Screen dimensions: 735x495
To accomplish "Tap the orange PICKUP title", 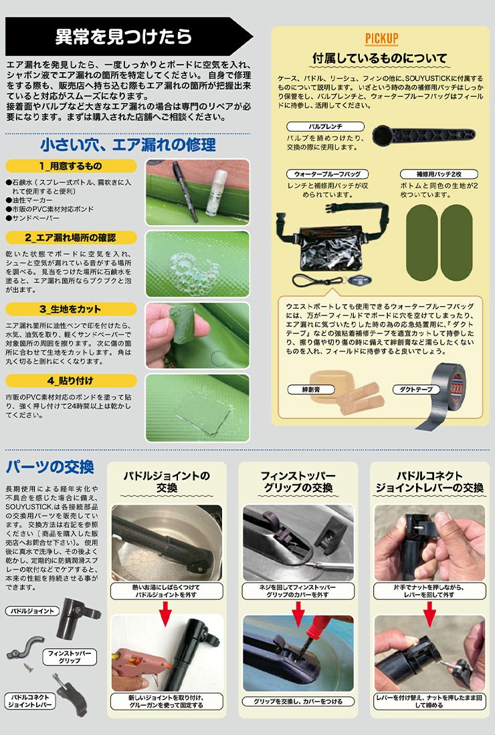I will tap(382, 38).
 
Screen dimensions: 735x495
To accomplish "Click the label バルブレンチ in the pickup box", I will tap(326, 126).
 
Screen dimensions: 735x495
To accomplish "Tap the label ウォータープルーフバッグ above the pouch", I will tap(327, 174).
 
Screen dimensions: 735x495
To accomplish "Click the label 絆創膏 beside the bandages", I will tap(311, 389).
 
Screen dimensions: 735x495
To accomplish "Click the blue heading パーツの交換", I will tap(50, 466).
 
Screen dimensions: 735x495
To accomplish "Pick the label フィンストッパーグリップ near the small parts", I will tap(70, 656).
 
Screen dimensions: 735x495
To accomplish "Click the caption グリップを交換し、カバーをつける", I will tap(298, 702).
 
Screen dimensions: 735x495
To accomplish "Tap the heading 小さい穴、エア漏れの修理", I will tap(127, 144).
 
